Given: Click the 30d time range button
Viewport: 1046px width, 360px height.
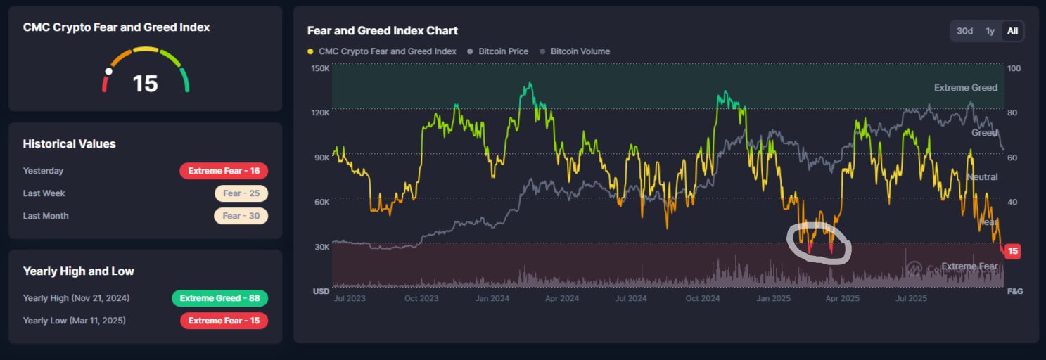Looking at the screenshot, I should click(x=964, y=31).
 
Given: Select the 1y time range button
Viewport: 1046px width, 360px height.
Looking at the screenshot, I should click(x=990, y=31).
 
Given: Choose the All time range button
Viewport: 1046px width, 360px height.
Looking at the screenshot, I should click(x=1012, y=31).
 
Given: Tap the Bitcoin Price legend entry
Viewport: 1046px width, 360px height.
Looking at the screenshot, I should click(x=503, y=51).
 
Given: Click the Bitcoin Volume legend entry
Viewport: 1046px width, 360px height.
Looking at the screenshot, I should click(x=580, y=51).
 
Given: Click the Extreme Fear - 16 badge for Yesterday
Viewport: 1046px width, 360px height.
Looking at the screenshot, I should click(x=224, y=171).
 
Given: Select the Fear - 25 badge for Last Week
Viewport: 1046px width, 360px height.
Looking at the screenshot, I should click(x=241, y=193).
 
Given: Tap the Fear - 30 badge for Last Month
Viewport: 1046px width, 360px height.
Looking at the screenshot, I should click(x=241, y=216).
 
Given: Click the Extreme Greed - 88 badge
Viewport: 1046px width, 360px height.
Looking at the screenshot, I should click(x=219, y=298).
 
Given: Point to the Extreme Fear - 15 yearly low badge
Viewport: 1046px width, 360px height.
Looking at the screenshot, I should click(x=224, y=321).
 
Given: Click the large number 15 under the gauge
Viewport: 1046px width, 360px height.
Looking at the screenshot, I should click(x=146, y=84).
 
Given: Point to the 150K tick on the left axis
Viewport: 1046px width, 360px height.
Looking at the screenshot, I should click(x=320, y=68).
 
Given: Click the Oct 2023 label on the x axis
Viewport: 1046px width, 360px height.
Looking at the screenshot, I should click(x=421, y=298).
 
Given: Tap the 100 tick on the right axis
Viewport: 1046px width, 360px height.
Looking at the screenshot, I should click(x=1014, y=68).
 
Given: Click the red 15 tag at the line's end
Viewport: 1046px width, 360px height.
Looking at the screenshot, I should click(x=1012, y=251).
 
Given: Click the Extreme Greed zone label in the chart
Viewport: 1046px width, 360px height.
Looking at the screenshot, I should click(x=965, y=88).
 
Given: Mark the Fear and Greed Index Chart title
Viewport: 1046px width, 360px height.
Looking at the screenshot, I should click(x=383, y=31).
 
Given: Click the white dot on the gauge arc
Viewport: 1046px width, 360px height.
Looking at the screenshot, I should click(x=108, y=71).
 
